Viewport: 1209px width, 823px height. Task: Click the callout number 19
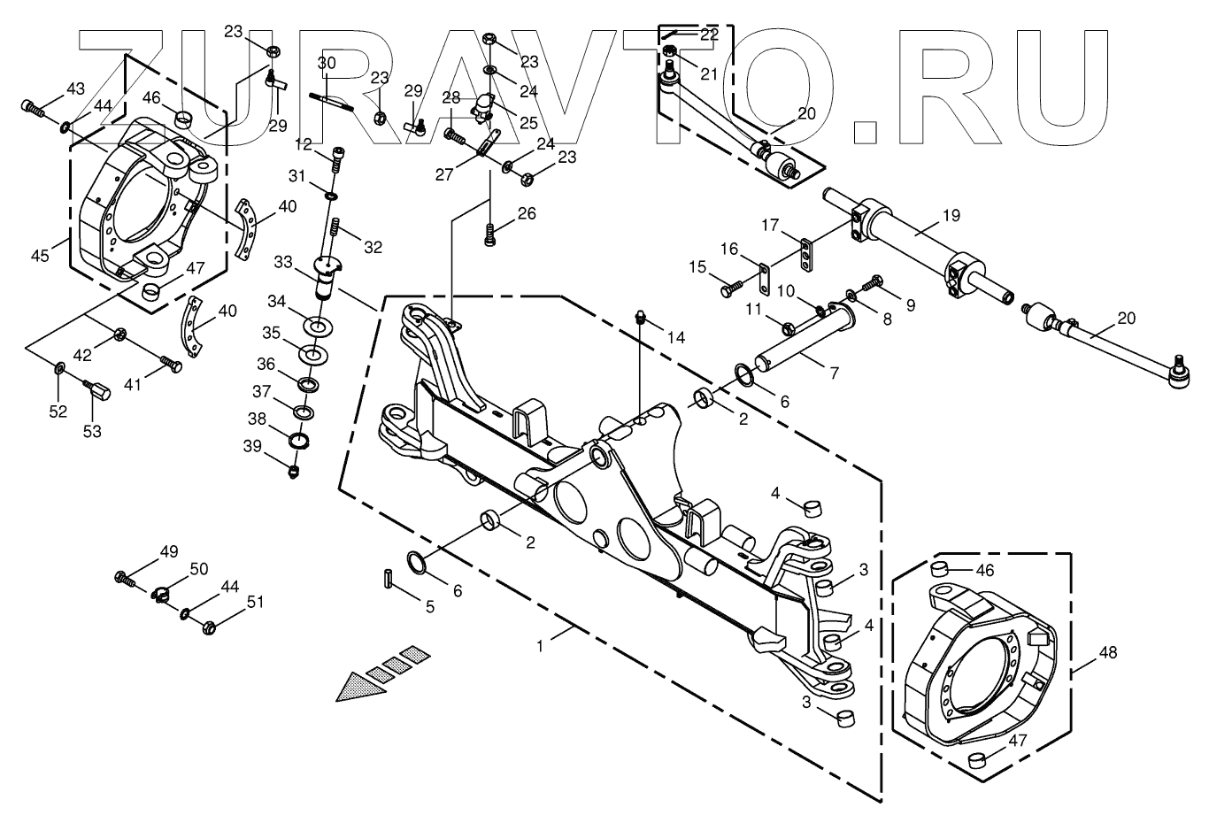pyautogui.click(x=950, y=215)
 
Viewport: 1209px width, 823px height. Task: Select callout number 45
pyautogui.click(x=41, y=256)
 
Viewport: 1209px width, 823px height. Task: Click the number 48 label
pyautogui.click(x=1107, y=653)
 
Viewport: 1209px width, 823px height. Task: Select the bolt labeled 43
pyautogui.click(x=32, y=108)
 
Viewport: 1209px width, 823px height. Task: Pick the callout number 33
pyautogui.click(x=283, y=262)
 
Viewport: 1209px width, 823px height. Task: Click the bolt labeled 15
pyautogui.click(x=729, y=288)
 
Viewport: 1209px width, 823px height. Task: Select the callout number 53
pyautogui.click(x=92, y=431)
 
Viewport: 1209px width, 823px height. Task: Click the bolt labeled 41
pyautogui.click(x=172, y=364)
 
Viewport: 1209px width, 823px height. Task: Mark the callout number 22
pyautogui.click(x=709, y=35)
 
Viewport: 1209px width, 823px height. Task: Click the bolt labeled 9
pyautogui.click(x=871, y=282)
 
